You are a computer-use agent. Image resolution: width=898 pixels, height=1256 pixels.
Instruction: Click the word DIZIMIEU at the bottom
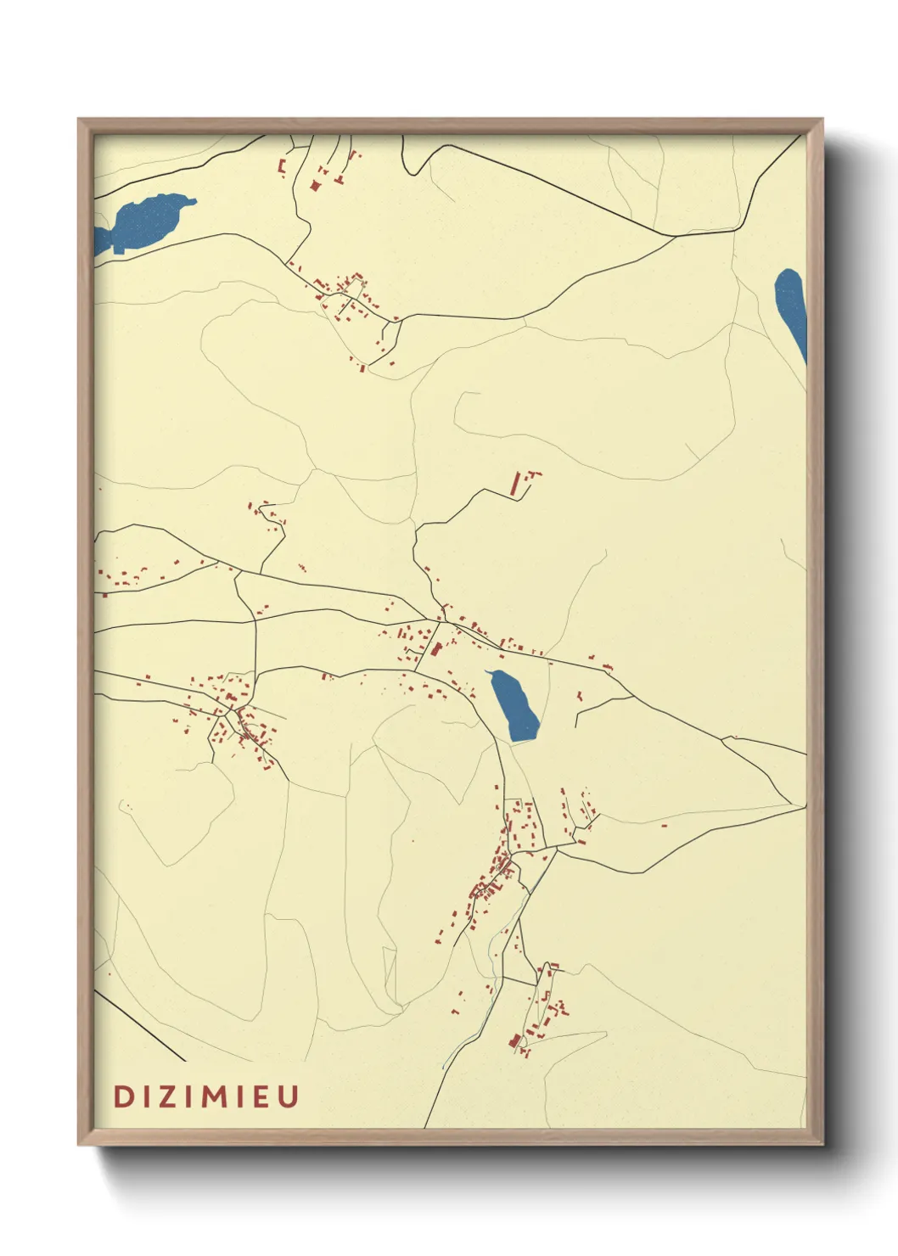pos(206,1096)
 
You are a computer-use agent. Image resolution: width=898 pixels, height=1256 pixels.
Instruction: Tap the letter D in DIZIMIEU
pos(122,1096)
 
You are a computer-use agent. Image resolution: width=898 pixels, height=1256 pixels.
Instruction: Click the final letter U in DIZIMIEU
pos(289,1096)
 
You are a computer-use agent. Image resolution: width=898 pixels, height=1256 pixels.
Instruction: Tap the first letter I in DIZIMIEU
pos(145,1096)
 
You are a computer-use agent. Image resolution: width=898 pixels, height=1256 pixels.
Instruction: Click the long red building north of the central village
pos(514,484)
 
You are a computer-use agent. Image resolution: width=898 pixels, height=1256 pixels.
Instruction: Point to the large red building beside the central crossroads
pos(437,649)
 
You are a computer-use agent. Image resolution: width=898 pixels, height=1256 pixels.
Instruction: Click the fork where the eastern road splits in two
pos(722,737)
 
